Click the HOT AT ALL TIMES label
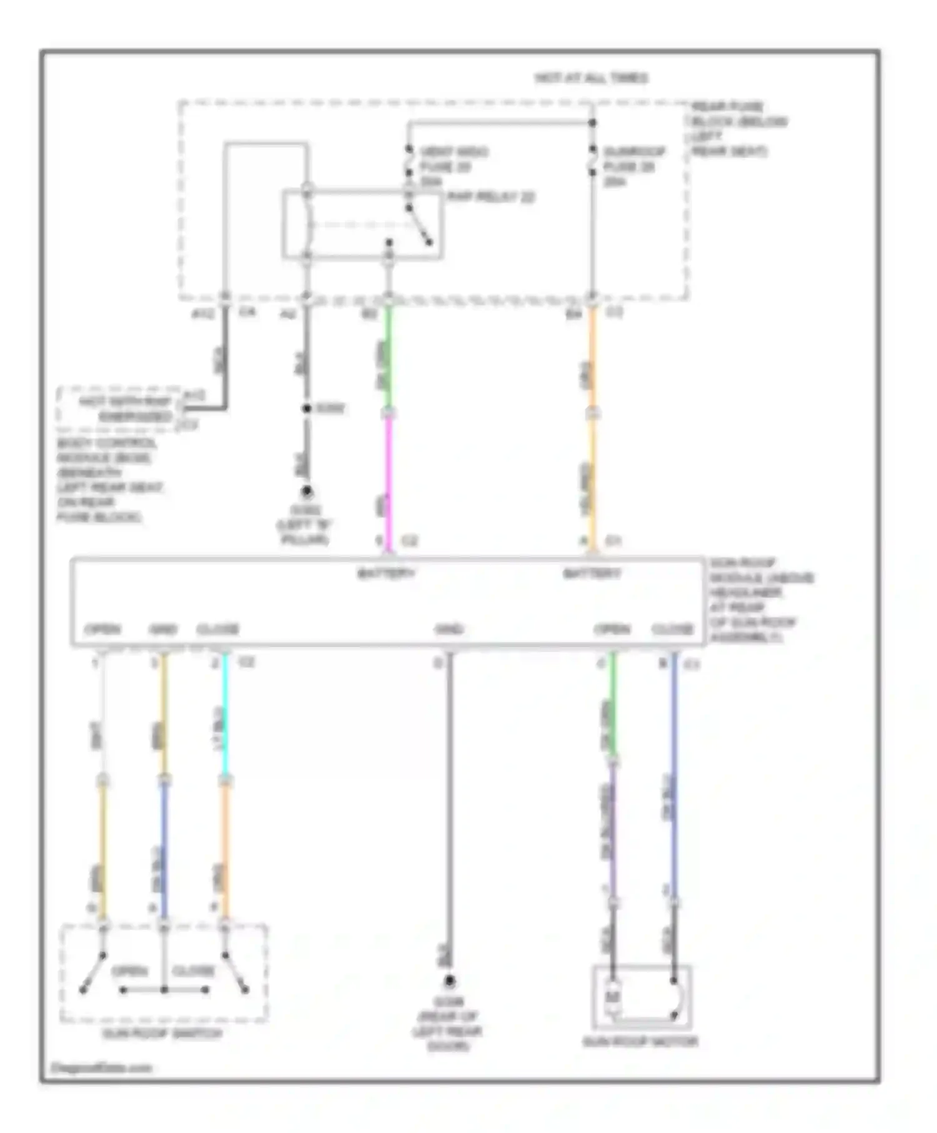(x=591, y=78)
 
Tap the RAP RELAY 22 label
(x=491, y=197)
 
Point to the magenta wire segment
(x=388, y=481)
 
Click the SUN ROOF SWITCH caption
(x=162, y=1034)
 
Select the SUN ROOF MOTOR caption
(x=640, y=1042)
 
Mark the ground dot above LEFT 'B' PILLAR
(x=307, y=492)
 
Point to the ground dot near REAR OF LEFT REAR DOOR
(x=449, y=981)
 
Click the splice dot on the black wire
(x=307, y=408)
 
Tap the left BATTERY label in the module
(x=386, y=573)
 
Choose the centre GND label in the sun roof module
(x=449, y=629)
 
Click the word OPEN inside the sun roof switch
(x=129, y=971)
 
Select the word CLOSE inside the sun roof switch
(x=193, y=971)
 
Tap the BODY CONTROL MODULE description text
(x=107, y=480)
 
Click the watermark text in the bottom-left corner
(x=102, y=1067)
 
